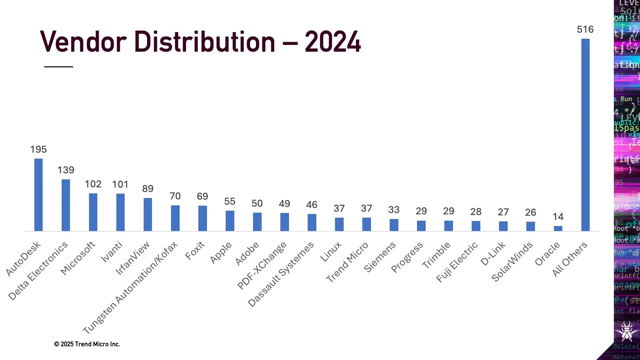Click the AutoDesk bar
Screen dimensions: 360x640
pyautogui.click(x=38, y=195)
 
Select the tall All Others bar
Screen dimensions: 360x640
pyautogui.click(x=585, y=135)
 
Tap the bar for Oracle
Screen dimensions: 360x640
pyautogui.click(x=558, y=228)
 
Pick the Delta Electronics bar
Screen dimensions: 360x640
pyautogui.click(x=66, y=205)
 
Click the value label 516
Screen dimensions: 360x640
pyautogui.click(x=585, y=29)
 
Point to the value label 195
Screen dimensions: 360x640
pyautogui.click(x=38, y=149)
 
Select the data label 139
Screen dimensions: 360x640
pyautogui.click(x=66, y=170)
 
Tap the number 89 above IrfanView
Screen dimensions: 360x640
pyautogui.click(x=148, y=189)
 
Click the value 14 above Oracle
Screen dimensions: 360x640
pyautogui.click(x=558, y=217)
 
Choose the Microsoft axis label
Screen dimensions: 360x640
pyautogui.click(x=78, y=258)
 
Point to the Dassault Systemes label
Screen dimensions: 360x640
pyautogui.click(x=281, y=274)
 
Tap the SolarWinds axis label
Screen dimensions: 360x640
pyautogui.click(x=512, y=262)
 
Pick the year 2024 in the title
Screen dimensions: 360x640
pyautogui.click(x=332, y=42)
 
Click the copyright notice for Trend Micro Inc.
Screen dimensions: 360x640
pyautogui.click(x=87, y=344)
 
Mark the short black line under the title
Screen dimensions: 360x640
pyautogui.click(x=59, y=67)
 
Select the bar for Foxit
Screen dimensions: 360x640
pyautogui.click(x=202, y=218)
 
